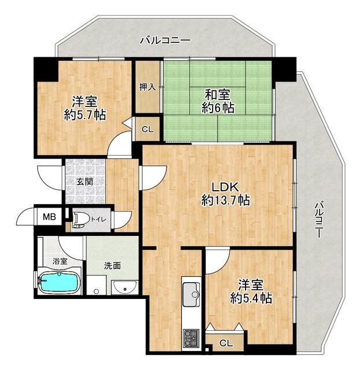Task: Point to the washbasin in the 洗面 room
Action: click(x=125, y=287)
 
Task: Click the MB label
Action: click(x=49, y=217)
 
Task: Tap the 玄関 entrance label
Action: click(x=84, y=182)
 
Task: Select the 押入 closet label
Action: click(x=147, y=87)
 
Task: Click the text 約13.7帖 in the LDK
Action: click(x=225, y=201)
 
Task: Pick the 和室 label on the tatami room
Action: click(x=217, y=95)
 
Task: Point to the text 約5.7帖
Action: click(x=85, y=115)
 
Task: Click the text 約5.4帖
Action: click(x=251, y=298)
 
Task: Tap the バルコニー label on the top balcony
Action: click(x=165, y=40)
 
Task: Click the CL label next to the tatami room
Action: click(x=148, y=129)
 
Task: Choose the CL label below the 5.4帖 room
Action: click(x=226, y=343)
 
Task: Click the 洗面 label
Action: click(x=113, y=266)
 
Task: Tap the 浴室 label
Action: click(x=60, y=261)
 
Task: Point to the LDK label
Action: click(x=225, y=187)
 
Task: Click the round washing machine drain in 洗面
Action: click(x=96, y=291)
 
